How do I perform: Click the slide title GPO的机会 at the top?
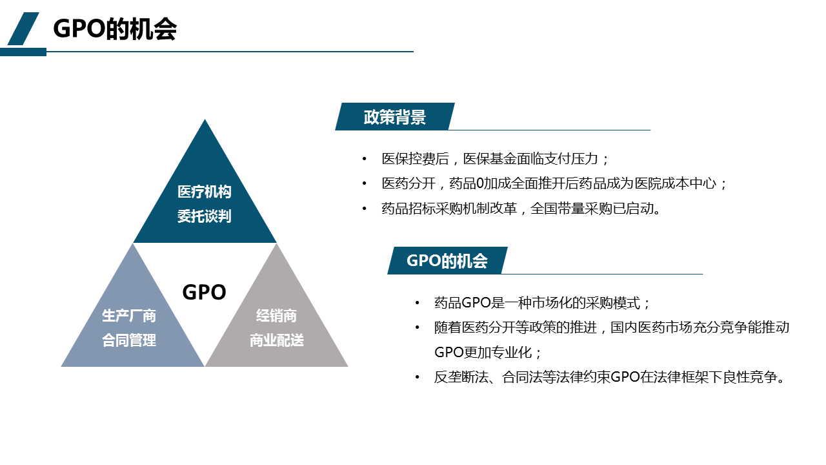click(115, 29)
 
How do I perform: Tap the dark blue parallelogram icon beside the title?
click(23, 29)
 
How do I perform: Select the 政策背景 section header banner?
click(394, 117)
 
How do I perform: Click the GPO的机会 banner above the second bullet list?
click(447, 260)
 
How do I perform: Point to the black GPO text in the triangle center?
click(204, 292)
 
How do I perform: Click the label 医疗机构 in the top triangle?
click(205, 192)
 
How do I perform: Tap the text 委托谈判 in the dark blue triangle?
click(205, 216)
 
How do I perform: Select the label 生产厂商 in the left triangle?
click(129, 316)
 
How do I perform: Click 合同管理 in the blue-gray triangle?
click(129, 340)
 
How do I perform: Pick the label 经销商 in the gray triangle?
click(277, 316)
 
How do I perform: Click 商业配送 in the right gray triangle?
click(277, 340)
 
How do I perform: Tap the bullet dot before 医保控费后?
click(365, 159)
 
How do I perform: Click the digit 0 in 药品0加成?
click(479, 183)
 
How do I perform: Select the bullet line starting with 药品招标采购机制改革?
click(520, 209)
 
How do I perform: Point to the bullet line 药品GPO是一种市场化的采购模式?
click(541, 303)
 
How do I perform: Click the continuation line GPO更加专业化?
click(487, 352)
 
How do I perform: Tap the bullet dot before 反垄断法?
click(417, 377)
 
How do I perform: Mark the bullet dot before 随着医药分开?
click(417, 327)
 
